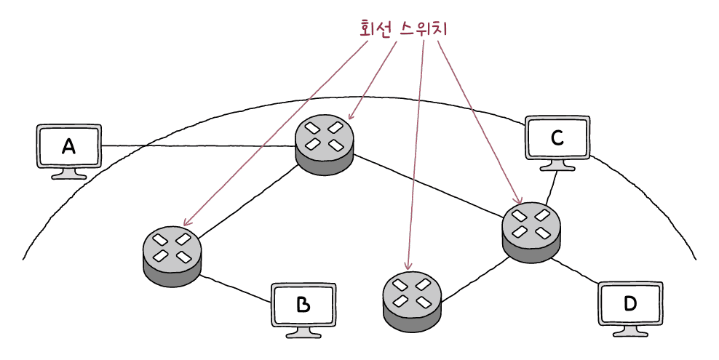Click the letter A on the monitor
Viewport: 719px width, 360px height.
(68, 147)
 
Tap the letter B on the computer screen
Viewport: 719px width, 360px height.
(303, 305)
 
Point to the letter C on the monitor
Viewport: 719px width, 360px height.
(557, 137)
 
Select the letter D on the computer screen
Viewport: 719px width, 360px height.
(629, 303)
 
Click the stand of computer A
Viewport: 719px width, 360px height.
(69, 175)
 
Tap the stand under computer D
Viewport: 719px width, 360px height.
(630, 331)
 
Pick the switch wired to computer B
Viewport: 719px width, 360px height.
(172, 255)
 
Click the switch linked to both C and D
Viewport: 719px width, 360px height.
(531, 232)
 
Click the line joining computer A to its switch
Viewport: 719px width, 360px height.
(196, 147)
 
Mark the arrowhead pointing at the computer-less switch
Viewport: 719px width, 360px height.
(408, 267)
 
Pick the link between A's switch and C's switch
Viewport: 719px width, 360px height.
(429, 187)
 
